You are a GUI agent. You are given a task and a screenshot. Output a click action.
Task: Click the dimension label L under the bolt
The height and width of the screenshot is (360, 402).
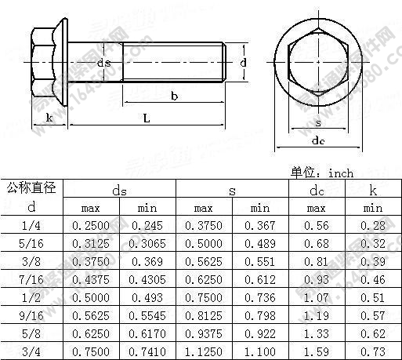tap(147, 118)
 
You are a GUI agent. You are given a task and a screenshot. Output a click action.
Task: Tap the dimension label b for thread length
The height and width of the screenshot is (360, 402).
tap(173, 96)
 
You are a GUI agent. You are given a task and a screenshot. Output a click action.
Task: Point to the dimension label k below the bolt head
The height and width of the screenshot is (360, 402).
tap(49, 118)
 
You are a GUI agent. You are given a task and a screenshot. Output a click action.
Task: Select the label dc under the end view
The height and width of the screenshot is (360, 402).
tap(318, 141)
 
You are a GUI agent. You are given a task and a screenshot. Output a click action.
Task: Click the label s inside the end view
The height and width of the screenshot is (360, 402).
tap(317, 122)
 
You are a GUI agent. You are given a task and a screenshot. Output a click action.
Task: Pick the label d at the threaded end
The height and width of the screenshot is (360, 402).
tap(244, 62)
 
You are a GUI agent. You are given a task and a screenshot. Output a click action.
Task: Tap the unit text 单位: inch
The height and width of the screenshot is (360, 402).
tap(322, 173)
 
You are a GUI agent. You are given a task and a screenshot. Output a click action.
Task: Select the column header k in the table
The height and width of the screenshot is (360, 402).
tap(373, 190)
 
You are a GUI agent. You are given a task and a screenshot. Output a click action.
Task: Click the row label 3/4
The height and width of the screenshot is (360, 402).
tap(31, 350)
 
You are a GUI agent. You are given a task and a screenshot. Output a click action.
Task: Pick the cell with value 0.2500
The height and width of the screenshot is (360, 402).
tap(91, 225)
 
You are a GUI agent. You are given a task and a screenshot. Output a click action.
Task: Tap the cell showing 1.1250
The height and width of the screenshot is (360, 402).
tap(204, 350)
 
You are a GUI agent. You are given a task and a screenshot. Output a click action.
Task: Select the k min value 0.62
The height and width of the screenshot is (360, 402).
tap(373, 332)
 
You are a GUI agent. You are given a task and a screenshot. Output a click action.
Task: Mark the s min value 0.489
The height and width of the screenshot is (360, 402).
tap(260, 244)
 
